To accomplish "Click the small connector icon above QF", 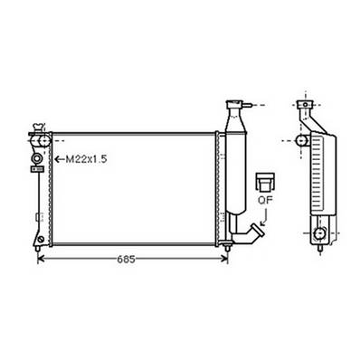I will point(265,182).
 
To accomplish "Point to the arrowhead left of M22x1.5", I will point(59,160).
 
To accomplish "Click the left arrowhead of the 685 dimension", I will point(41,260).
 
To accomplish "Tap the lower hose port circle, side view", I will point(319,234).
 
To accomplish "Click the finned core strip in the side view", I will point(317,176).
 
